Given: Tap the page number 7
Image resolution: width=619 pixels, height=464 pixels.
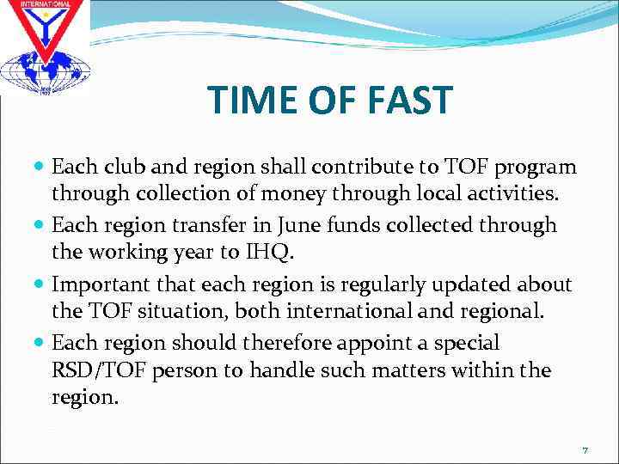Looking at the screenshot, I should point(585,450).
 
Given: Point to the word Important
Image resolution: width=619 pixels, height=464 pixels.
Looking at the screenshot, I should point(109,284).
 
